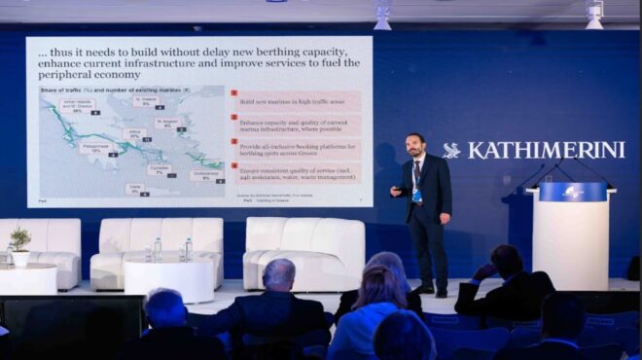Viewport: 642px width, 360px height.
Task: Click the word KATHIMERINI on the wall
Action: click(x=546, y=150)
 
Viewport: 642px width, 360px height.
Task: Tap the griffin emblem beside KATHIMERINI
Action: click(x=451, y=151)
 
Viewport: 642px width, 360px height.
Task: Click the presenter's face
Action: click(x=415, y=148)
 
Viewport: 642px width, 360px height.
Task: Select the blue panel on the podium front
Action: click(x=572, y=192)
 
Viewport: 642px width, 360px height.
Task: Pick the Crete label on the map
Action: click(x=134, y=188)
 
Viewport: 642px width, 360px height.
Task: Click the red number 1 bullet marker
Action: click(x=233, y=94)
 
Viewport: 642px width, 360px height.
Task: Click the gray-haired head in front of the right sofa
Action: click(x=279, y=274)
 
